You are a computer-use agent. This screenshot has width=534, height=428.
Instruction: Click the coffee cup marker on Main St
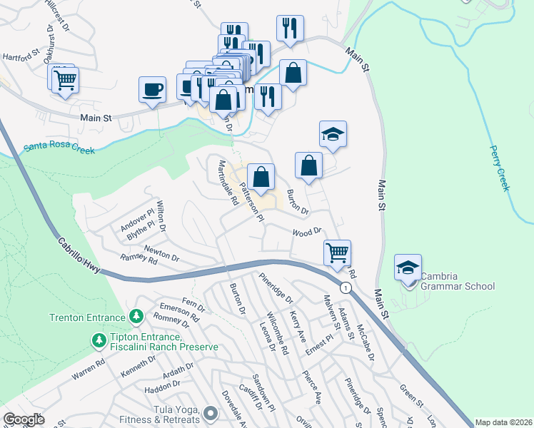(x=151, y=90)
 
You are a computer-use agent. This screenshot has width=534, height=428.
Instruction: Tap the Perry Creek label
(x=500, y=168)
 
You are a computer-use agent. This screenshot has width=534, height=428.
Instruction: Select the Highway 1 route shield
(x=346, y=287)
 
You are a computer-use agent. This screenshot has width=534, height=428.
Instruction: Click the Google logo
(x=24, y=419)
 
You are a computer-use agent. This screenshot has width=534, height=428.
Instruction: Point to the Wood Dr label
(x=308, y=231)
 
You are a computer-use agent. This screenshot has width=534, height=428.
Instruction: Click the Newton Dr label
(x=160, y=251)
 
